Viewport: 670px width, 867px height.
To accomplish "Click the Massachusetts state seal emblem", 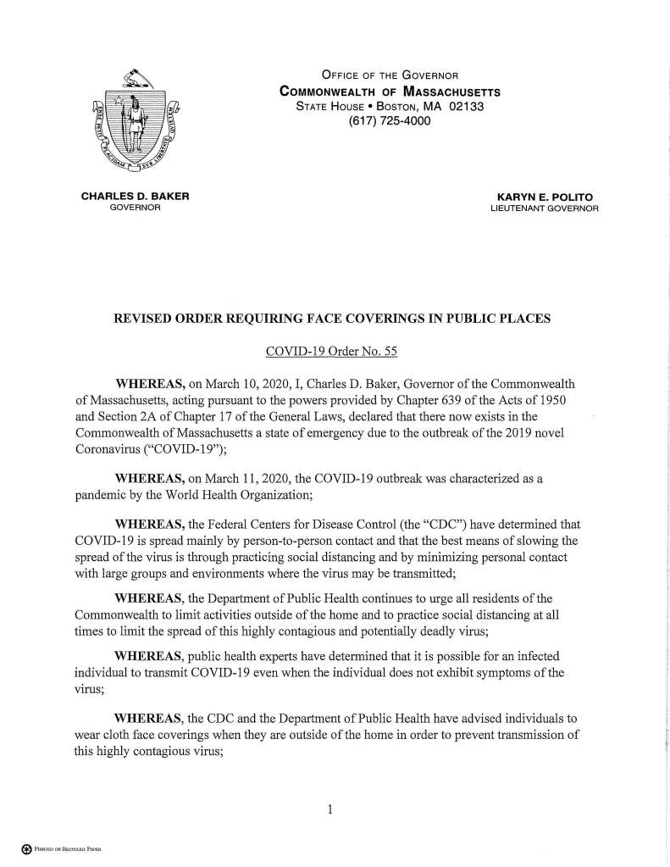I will tap(135, 123).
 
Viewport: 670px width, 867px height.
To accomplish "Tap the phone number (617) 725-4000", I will tap(390, 121).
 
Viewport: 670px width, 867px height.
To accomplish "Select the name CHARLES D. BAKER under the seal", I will tap(135, 197).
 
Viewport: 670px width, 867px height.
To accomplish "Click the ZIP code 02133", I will tap(468, 106).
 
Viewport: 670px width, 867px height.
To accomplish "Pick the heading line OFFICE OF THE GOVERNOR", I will tap(390, 76).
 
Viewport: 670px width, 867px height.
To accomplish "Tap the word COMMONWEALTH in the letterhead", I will tap(327, 92).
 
